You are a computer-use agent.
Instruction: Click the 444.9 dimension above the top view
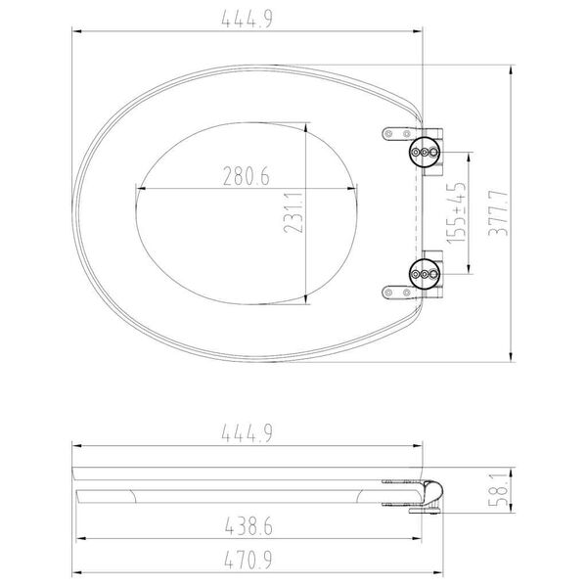249,17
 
